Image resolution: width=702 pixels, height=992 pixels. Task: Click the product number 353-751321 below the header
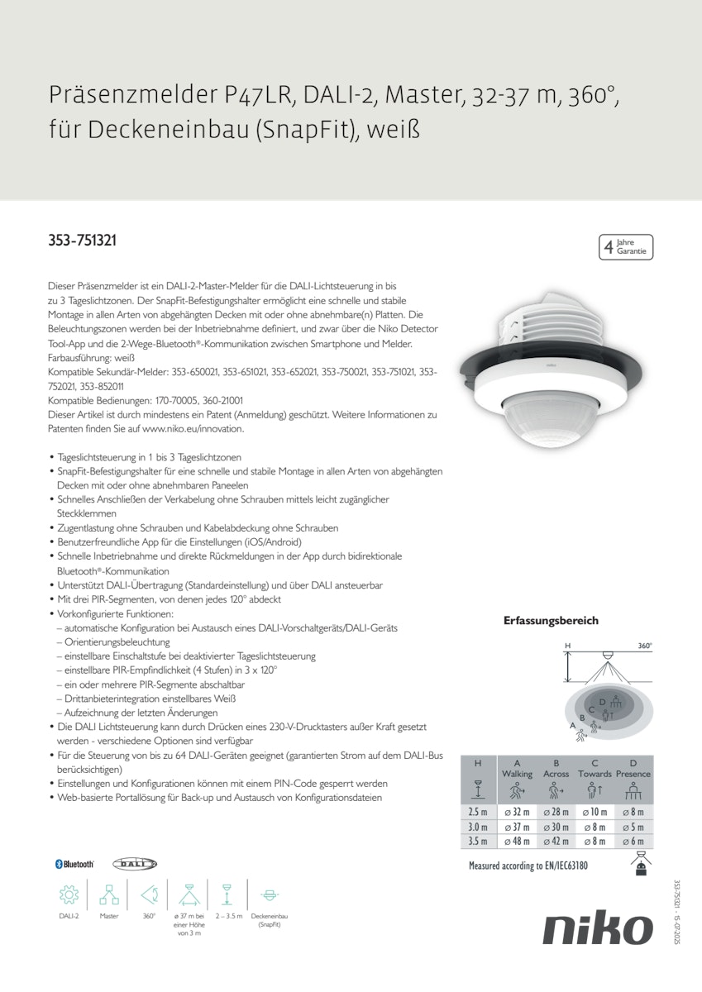point(82,241)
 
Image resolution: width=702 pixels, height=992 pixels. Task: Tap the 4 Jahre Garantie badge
point(626,246)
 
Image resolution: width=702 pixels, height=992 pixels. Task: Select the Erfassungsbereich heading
point(551,620)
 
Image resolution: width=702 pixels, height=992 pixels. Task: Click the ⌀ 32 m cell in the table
point(517,812)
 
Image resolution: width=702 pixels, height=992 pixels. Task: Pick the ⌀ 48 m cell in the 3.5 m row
point(517,841)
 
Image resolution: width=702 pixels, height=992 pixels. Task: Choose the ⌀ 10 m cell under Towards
point(595,812)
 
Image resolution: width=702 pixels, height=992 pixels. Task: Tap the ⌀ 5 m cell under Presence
point(633,826)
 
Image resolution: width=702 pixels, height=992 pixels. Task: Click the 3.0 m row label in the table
point(478,826)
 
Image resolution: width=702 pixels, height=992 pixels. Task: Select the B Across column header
point(556,769)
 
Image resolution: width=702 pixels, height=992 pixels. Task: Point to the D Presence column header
point(633,769)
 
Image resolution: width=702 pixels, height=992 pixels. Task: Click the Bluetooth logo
point(74,864)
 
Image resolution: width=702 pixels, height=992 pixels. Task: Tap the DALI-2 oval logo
point(134,864)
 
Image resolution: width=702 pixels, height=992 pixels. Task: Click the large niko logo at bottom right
point(597,929)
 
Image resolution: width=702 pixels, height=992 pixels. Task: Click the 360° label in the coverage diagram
point(644,646)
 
